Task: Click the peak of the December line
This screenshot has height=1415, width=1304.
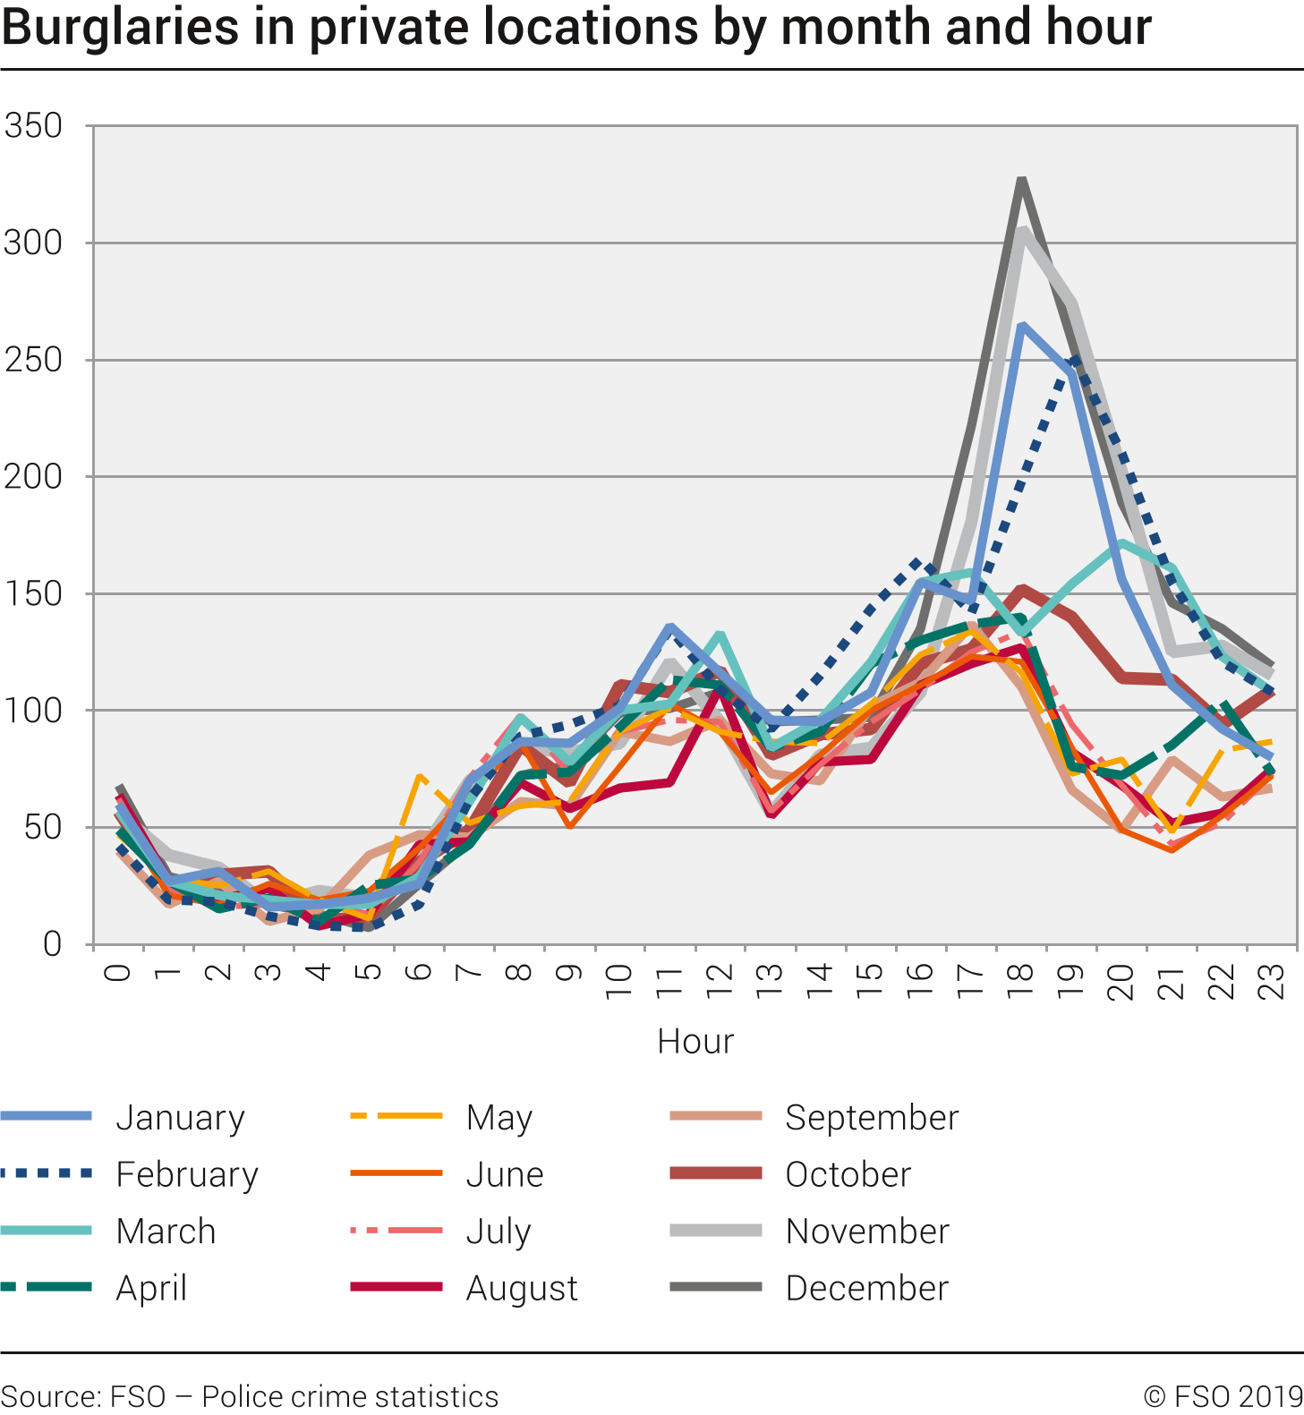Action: click(1021, 180)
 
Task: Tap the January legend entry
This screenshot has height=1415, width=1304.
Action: click(180, 1118)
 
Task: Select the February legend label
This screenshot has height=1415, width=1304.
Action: click(187, 1174)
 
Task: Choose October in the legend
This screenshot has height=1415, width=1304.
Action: click(848, 1174)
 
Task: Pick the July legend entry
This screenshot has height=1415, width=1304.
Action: click(499, 1232)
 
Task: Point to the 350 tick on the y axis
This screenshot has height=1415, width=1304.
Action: click(33, 126)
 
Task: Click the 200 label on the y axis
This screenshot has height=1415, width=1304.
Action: click(33, 477)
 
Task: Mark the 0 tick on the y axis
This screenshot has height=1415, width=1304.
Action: click(52, 944)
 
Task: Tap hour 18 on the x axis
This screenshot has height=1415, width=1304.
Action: click(1021, 973)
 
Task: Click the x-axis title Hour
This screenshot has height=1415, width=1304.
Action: click(695, 1042)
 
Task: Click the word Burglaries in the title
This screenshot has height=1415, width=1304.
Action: click(120, 27)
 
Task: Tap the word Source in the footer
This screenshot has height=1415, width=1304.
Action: click(50, 1396)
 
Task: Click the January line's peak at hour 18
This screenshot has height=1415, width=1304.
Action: click(1021, 326)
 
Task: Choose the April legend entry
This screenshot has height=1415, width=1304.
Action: click(151, 1289)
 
